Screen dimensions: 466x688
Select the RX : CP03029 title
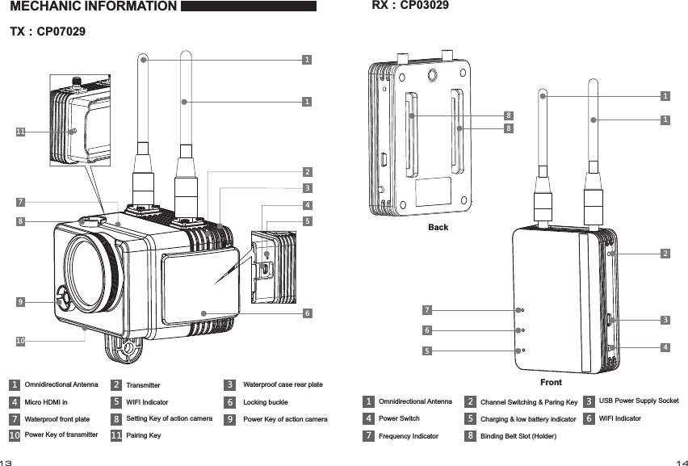point(409,6)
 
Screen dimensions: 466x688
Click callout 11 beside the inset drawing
point(20,131)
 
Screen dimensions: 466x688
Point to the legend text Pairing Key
point(143,435)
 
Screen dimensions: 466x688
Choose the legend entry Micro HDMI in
point(46,401)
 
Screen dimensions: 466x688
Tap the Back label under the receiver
point(438,228)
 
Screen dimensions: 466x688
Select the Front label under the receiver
point(551,382)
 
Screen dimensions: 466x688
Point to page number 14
point(681,463)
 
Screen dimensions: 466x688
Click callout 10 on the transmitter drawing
point(20,342)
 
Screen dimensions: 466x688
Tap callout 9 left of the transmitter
point(20,302)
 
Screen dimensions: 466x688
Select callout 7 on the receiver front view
point(427,309)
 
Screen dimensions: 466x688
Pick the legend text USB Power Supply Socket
point(638,401)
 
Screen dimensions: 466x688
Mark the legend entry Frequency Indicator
point(409,436)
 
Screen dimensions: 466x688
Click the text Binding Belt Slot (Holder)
point(517,436)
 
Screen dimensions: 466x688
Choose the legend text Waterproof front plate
point(57,419)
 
